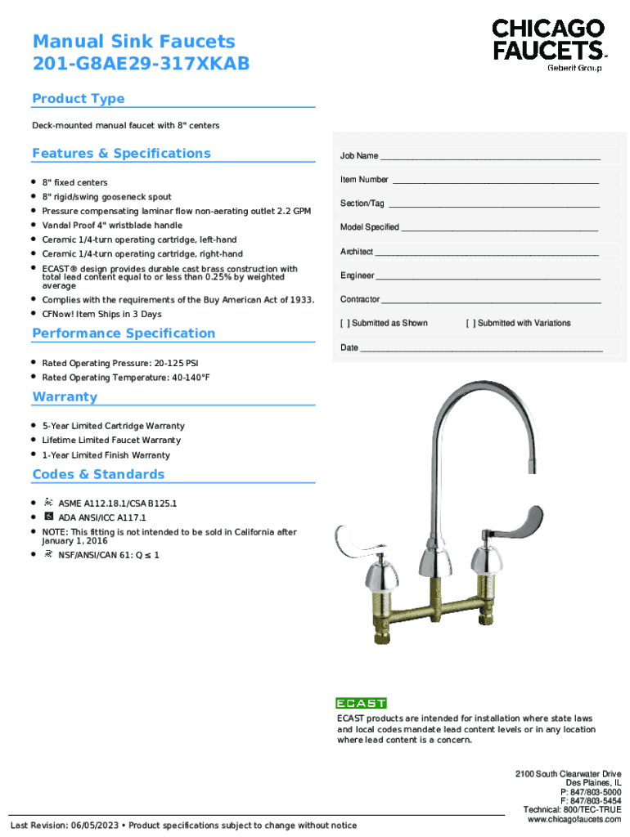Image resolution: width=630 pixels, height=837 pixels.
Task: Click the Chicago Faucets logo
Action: (549, 44)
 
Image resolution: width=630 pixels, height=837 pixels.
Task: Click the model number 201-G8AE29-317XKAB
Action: (141, 64)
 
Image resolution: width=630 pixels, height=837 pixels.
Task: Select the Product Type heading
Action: (79, 99)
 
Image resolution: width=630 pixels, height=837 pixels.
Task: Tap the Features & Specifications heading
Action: (121, 154)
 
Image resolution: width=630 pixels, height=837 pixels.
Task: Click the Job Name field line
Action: (490, 156)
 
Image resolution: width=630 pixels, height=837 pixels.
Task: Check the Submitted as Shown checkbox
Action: (344, 323)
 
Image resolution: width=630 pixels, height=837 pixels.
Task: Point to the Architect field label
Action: (357, 252)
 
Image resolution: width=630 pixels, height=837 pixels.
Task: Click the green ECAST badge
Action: (361, 703)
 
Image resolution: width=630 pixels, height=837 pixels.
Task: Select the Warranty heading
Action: (65, 397)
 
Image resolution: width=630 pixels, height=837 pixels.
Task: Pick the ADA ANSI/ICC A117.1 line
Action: (102, 517)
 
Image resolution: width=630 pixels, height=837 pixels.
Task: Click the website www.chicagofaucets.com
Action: (574, 819)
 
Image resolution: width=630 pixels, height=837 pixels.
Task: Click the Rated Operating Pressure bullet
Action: (119, 363)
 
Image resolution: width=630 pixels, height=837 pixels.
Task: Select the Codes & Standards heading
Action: (98, 475)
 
